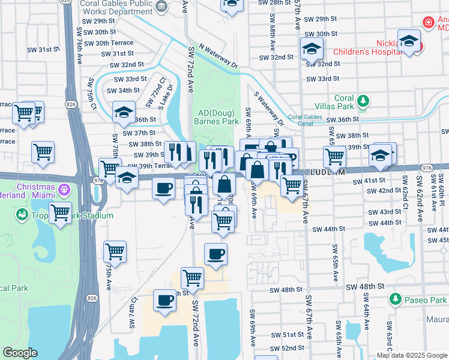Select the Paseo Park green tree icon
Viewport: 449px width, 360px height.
click(395, 299)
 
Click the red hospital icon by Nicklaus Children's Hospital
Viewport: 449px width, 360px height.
click(428, 23)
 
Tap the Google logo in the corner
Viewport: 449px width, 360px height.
click(20, 353)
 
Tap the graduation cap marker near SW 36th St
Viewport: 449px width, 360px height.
click(124, 112)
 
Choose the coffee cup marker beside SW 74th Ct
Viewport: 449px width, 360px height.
click(164, 301)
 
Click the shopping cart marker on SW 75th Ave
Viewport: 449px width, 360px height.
click(115, 251)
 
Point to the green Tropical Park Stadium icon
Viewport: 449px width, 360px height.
click(23, 214)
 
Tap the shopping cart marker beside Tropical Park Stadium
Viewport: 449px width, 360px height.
click(61, 212)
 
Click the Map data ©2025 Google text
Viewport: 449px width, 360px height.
click(412, 355)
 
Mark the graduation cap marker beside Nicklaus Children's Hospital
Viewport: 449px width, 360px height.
click(409, 41)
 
